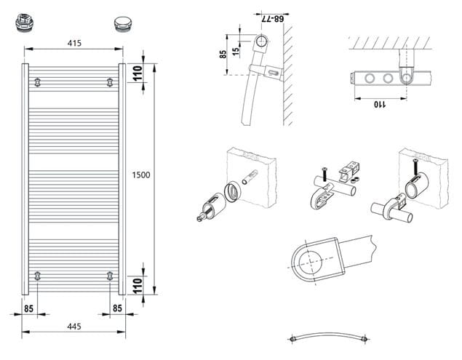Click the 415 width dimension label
74,43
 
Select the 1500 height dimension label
141,175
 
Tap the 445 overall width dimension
74,327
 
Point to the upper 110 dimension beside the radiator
138,73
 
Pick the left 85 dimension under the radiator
28,309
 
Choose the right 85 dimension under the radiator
117,308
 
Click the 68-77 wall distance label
273,19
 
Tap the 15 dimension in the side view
236,52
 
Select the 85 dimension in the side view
223,55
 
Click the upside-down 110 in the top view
380,104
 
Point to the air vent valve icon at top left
24,22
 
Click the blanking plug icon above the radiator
123,24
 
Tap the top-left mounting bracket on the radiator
37,82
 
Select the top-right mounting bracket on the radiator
110,82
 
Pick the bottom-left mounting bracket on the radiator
37,276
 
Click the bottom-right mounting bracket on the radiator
110,276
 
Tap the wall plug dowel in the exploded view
250,177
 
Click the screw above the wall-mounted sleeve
415,167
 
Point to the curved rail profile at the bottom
329,336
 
